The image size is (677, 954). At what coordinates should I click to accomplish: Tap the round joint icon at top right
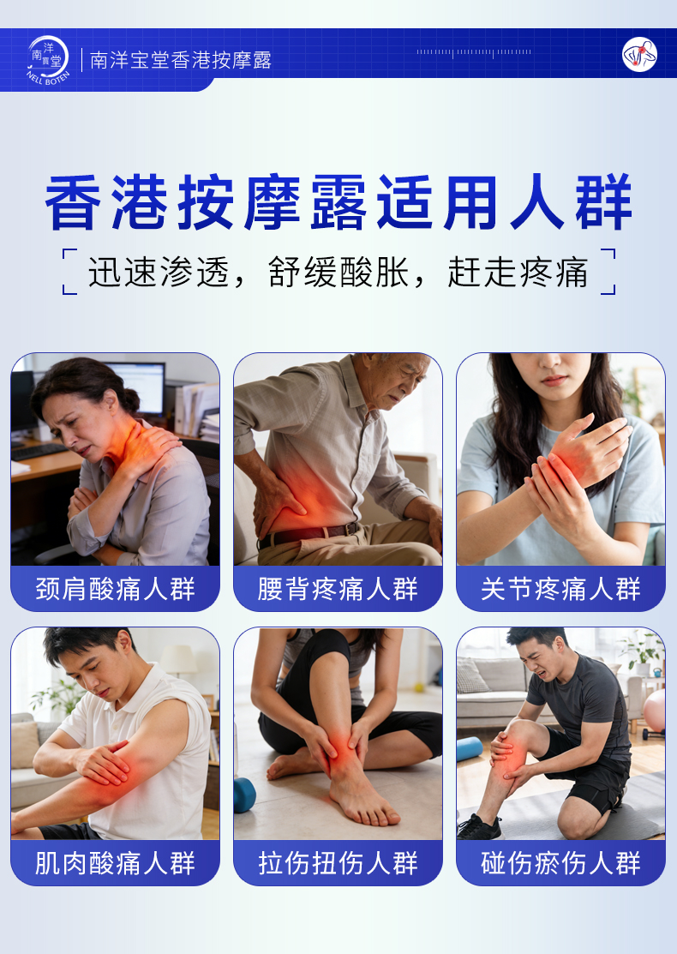639,55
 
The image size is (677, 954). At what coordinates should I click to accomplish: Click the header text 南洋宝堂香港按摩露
181,60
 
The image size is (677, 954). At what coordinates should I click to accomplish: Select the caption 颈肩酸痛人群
116,589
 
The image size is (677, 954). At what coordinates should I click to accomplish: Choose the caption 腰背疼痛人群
338,589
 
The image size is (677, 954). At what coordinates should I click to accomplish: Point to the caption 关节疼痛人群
560,589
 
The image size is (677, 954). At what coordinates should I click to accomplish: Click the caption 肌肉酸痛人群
116,863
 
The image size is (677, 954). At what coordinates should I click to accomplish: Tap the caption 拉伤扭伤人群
338,863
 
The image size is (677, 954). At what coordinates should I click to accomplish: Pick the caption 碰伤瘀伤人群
560,863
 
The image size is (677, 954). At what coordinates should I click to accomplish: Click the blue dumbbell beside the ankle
244,795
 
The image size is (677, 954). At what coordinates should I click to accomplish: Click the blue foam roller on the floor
469,749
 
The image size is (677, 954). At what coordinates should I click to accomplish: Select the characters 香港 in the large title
106,203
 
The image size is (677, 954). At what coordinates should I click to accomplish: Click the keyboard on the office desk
39,451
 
